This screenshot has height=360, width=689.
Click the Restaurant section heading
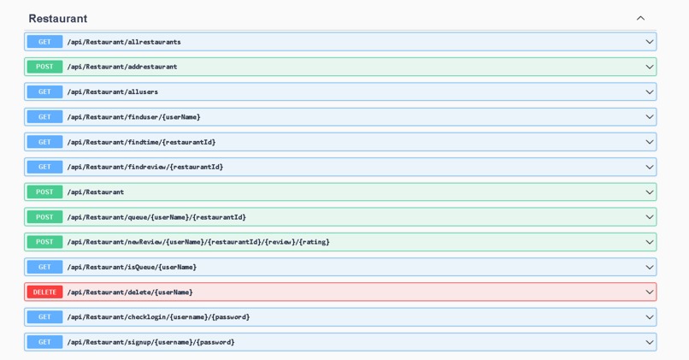[x=58, y=19]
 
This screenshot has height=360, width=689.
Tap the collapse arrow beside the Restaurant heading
[x=640, y=19]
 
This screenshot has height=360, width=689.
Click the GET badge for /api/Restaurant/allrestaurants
[x=44, y=42]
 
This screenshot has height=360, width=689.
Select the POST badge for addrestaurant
[x=44, y=67]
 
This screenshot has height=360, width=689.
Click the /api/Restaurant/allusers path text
[x=112, y=91]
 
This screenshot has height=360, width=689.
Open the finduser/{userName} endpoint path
[x=133, y=117]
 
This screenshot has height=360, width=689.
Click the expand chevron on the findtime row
[x=649, y=142]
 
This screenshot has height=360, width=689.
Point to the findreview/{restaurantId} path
[x=144, y=167]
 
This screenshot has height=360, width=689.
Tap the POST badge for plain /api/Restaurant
[x=44, y=192]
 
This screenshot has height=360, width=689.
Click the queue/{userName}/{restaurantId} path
[x=156, y=217]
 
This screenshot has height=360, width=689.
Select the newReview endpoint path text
[x=197, y=242]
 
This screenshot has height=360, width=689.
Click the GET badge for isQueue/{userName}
[x=44, y=267]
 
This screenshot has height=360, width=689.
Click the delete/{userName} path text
[x=130, y=292]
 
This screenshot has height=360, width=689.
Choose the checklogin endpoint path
[x=158, y=317]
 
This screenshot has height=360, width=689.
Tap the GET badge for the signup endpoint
[x=44, y=342]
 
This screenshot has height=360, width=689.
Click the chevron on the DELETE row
[x=649, y=292]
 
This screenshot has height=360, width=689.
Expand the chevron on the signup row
[x=649, y=342]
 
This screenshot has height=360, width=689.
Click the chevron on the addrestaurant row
[x=649, y=67]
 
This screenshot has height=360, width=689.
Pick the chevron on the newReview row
[x=649, y=242]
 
